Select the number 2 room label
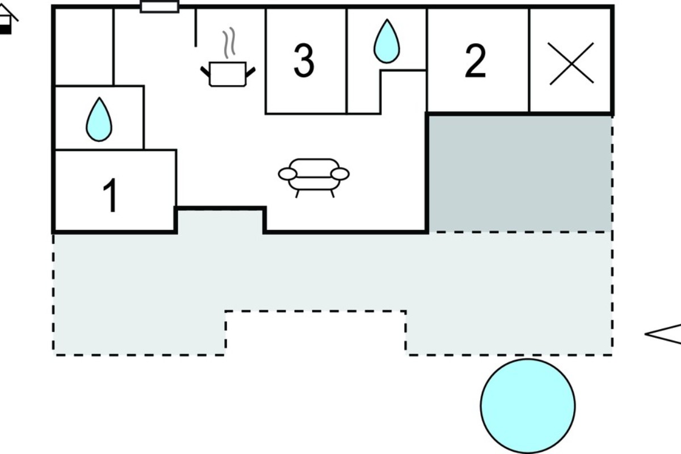pyautogui.click(x=475, y=61)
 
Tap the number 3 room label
pyautogui.click(x=304, y=60)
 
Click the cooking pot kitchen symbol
pyautogui.click(x=228, y=74)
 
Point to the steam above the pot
pyautogui.click(x=229, y=43)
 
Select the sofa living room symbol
pyautogui.click(x=314, y=178)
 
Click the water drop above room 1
pyautogui.click(x=99, y=120)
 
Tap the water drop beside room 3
pyautogui.click(x=386, y=41)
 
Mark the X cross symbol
pyautogui.click(x=571, y=64)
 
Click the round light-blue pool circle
pyautogui.click(x=528, y=406)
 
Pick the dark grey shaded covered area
pyautogui.click(x=520, y=174)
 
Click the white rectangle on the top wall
pyautogui.click(x=159, y=7)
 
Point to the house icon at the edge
pyautogui.click(x=7, y=19)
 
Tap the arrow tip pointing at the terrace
pyautogui.click(x=645, y=334)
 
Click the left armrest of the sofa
pyautogui.click(x=287, y=174)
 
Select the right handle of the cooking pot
pyautogui.click(x=250, y=72)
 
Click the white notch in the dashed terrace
pyautogui.click(x=316, y=334)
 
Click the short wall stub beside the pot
pyautogui.click(x=195, y=28)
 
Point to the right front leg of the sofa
pyautogui.click(x=333, y=194)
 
